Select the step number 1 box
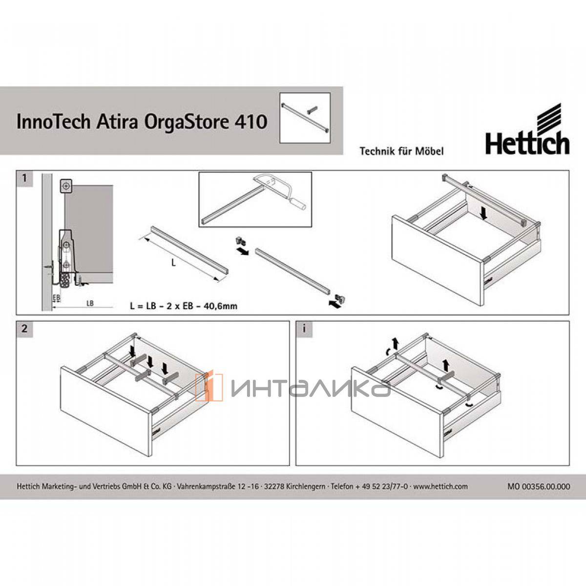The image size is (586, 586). [x=24, y=178]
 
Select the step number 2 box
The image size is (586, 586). [x=24, y=329]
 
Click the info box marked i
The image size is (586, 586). [x=303, y=329]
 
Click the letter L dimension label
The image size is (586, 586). [x=173, y=263]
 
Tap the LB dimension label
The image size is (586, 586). [x=90, y=303]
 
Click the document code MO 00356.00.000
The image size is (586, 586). [x=539, y=486]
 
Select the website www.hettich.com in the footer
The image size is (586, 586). [x=440, y=486]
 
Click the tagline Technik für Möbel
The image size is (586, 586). [x=401, y=151]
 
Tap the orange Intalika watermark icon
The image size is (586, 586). [x=209, y=387]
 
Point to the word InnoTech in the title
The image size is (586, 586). [x=54, y=122]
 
